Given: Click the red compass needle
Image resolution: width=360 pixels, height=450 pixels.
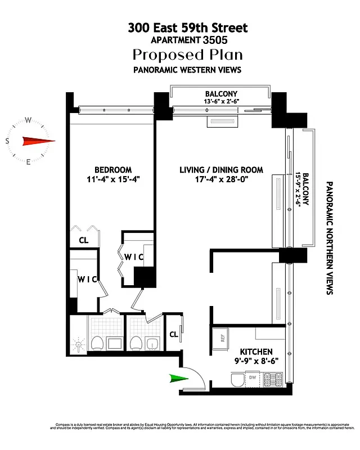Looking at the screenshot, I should coord(38,142).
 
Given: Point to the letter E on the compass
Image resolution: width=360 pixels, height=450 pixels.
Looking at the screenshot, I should coord(29,162).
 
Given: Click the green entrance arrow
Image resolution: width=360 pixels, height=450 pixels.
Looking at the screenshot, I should coord(178,379).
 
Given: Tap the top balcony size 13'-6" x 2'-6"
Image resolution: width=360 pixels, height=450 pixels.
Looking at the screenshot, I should coord(222,101).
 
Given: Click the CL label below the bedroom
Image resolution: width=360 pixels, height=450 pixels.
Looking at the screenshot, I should coord(83,240).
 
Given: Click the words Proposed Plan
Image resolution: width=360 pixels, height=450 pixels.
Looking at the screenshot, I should coord(187,55).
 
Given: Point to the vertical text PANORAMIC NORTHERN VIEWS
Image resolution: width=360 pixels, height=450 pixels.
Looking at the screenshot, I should coord(330,237).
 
